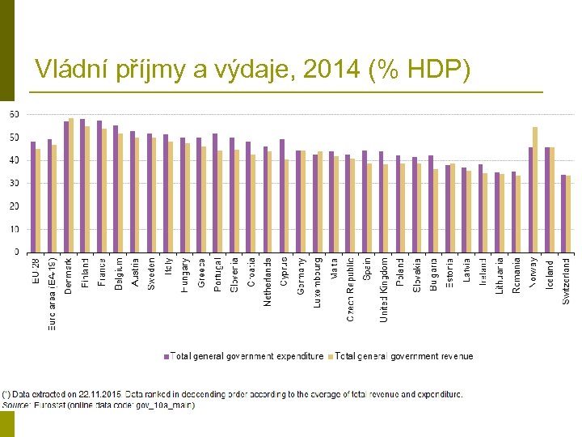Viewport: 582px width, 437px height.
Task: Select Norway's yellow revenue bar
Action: [x=535, y=189]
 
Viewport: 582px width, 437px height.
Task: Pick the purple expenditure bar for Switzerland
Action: [x=563, y=214]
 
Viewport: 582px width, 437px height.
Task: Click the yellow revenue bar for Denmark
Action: [x=71, y=185]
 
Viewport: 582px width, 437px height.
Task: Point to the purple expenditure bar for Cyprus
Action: [x=282, y=196]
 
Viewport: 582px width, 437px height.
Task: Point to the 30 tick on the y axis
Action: [x=14, y=184]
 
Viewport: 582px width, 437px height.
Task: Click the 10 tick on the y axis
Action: [x=14, y=230]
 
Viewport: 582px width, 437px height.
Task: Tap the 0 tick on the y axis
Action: [x=17, y=252]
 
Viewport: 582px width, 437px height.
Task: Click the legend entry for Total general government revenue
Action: [x=403, y=356]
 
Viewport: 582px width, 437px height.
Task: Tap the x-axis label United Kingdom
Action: [x=384, y=289]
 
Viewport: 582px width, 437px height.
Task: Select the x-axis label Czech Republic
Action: [x=351, y=289]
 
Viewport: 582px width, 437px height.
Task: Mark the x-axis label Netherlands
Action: [x=268, y=282]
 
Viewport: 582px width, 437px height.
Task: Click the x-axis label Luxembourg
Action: [x=318, y=283]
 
